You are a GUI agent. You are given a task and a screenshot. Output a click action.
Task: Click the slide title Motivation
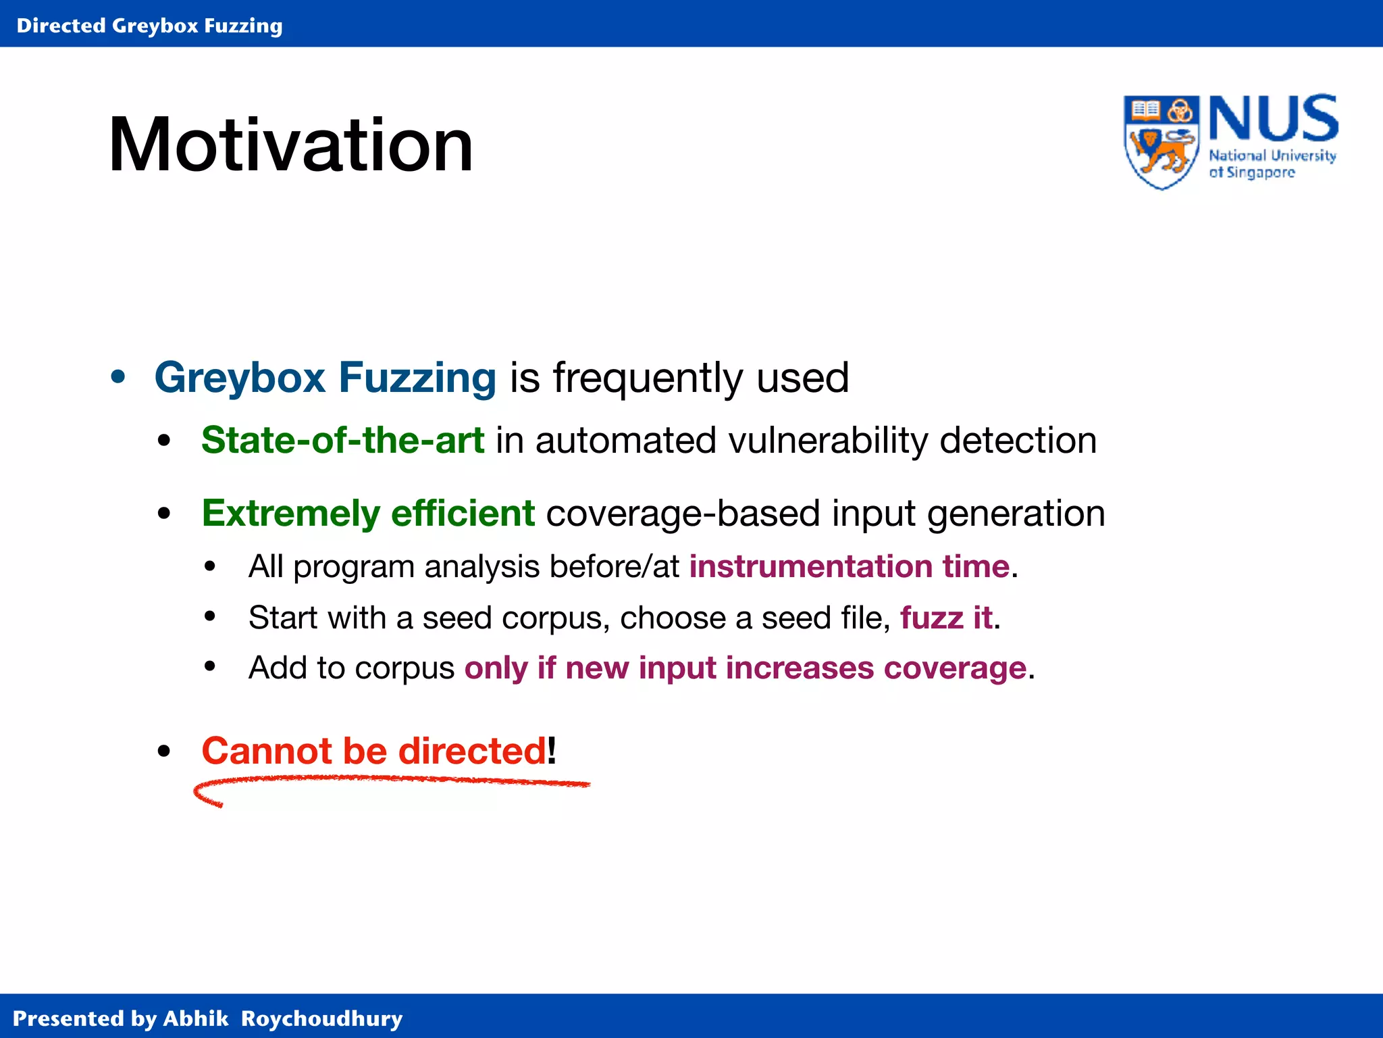(290, 145)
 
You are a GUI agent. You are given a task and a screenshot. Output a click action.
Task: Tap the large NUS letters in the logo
(1273, 119)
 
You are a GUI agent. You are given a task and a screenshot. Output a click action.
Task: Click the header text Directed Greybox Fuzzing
(149, 26)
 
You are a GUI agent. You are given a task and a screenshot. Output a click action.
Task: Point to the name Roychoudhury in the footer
(321, 1018)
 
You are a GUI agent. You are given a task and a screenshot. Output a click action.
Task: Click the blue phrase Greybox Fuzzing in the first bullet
(325, 377)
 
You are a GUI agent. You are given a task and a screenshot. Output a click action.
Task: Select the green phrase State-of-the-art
(342, 441)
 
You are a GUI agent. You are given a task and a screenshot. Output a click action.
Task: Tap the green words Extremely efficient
(368, 514)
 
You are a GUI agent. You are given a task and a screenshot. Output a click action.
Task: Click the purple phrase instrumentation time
(849, 566)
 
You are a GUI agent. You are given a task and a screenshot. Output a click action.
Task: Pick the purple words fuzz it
(946, 618)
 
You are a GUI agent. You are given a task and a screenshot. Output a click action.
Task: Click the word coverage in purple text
(955, 668)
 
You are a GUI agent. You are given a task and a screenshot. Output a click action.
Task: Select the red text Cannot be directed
(373, 751)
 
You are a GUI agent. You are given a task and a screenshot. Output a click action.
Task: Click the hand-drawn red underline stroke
(392, 781)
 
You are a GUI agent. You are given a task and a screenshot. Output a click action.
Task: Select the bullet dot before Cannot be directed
(163, 751)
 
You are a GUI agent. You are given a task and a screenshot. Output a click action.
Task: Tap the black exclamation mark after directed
(552, 750)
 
